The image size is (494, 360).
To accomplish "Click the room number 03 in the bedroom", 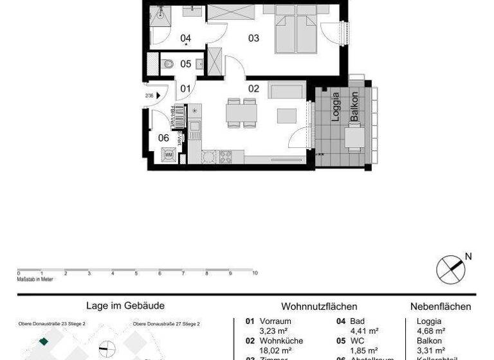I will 254,38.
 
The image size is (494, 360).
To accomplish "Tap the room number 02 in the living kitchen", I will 253,88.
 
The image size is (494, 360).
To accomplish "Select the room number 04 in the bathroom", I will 186,38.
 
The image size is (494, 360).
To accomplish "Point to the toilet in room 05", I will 169,64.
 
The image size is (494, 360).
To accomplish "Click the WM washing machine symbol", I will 169,154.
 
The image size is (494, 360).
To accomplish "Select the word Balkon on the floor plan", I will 354,107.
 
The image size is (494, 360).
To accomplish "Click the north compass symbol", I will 450,268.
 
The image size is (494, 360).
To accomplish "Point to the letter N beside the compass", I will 468,256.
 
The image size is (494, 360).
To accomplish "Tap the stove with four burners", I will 226,156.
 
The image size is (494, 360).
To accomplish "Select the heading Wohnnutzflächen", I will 319,307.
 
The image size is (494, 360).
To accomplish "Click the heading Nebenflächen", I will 441,307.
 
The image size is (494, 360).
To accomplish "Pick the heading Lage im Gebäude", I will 125,307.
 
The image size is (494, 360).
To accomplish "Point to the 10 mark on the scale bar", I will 255,273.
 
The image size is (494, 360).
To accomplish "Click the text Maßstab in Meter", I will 35,279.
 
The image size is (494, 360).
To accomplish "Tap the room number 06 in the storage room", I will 163,137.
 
